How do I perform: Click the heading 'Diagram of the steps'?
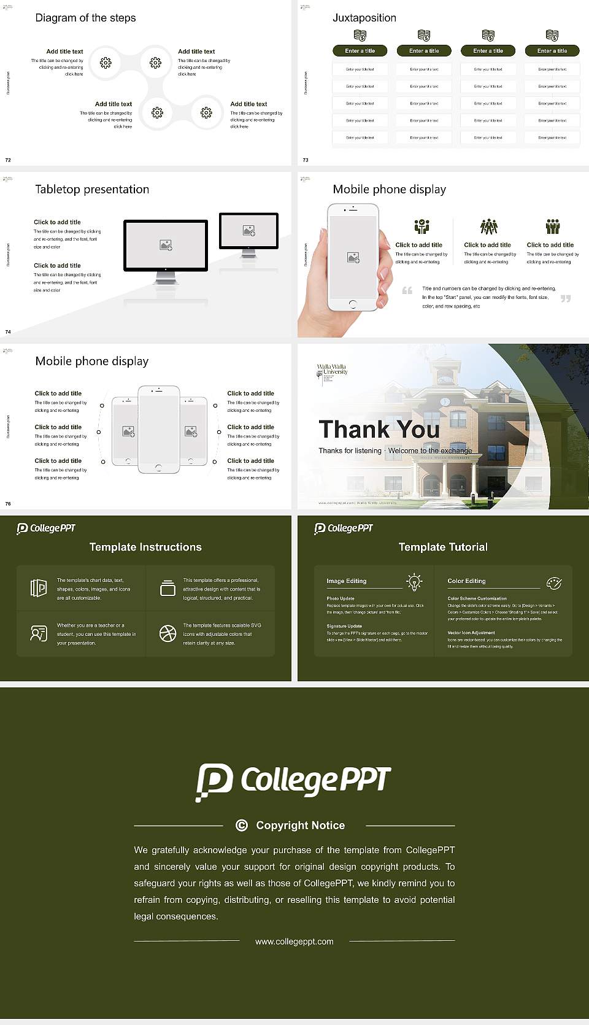[85, 18]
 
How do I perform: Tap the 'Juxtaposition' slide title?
[364, 18]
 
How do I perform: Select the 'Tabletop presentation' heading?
[92, 189]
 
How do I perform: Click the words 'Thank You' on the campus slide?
[379, 429]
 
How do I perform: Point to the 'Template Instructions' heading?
[145, 547]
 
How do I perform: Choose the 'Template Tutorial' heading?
[443, 547]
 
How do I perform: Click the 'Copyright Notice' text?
[300, 826]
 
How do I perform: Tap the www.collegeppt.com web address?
[294, 942]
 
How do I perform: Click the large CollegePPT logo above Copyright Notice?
[293, 781]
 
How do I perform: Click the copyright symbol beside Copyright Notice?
[242, 826]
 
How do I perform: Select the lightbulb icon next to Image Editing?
[414, 582]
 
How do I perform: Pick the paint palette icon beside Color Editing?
[554, 582]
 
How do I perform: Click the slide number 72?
[8, 160]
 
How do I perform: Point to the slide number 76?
[8, 503]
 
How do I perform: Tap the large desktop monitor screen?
[166, 245]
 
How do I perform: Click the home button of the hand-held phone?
[352, 304]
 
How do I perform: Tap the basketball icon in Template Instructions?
[167, 633]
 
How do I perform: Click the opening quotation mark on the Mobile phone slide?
[407, 290]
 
